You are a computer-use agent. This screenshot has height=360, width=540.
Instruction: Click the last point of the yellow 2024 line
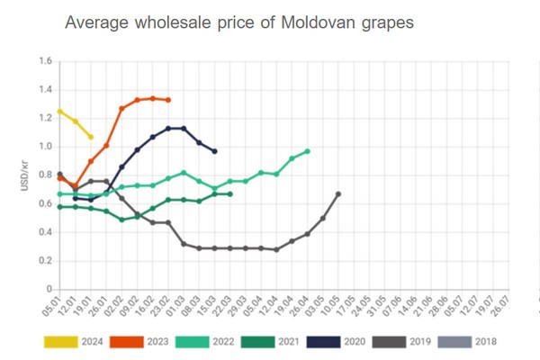click(91, 137)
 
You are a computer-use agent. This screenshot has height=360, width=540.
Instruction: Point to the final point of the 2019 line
click(338, 194)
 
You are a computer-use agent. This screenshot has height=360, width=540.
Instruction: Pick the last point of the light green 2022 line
click(307, 151)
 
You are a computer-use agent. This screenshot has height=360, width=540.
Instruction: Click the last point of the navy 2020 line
click(214, 151)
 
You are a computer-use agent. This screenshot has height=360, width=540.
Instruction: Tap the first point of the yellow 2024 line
click(59, 112)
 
